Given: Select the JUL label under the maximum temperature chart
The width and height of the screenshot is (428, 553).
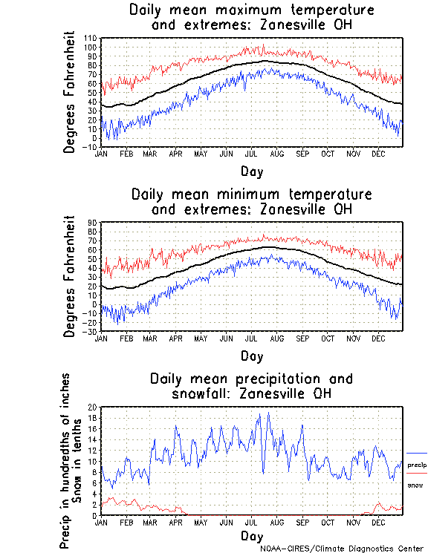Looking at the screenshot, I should click(x=252, y=154).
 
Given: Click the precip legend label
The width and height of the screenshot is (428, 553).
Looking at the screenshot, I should click(x=417, y=464).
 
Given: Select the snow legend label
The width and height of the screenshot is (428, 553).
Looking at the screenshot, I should click(x=415, y=485).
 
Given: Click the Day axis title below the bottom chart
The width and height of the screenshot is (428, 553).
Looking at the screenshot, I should click(x=251, y=534).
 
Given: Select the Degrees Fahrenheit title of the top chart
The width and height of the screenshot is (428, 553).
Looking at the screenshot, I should click(x=70, y=92).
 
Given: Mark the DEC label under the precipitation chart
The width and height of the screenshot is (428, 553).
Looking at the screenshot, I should click(x=379, y=522).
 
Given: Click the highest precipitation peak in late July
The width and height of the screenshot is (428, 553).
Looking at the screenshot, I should click(x=268, y=413).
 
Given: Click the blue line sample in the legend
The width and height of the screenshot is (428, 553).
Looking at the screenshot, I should click(x=417, y=453).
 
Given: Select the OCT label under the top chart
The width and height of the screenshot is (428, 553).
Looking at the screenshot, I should click(x=328, y=154).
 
